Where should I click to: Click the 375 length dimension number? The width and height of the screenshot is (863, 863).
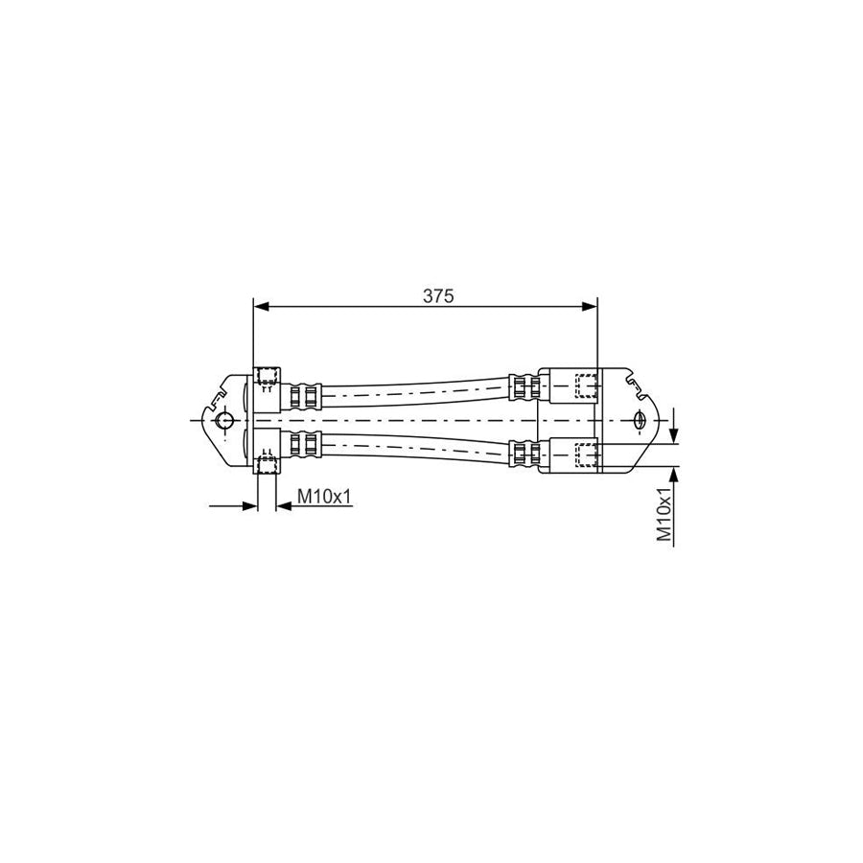click(437, 296)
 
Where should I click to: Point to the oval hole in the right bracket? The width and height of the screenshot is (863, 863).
click(639, 421)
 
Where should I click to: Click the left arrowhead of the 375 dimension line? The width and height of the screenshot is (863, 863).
click(260, 307)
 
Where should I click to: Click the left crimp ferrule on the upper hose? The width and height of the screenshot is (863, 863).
click(303, 394)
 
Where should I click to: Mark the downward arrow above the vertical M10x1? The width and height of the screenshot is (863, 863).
click(676, 436)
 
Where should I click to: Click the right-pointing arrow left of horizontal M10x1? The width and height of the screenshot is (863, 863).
click(250, 505)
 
